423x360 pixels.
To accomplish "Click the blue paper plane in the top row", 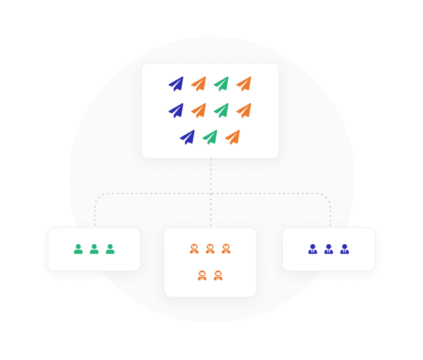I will (176, 84).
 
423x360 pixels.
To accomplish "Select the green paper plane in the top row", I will (221, 84).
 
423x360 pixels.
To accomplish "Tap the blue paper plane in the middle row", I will (176, 110).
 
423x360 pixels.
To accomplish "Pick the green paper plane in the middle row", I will (221, 110).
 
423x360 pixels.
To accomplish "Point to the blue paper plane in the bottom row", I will (188, 137).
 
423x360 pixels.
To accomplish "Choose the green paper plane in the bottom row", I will (210, 137).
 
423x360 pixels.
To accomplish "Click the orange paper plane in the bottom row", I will (233, 137).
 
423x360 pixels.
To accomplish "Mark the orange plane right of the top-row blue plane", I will (199, 84).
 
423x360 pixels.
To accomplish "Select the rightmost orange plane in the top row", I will (244, 84).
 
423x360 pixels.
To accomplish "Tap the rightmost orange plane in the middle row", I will (244, 110).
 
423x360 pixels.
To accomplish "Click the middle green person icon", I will (94, 249).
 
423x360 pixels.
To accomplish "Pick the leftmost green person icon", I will (78, 249).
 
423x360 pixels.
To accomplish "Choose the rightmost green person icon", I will (110, 249).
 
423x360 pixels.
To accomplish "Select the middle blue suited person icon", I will (328, 249).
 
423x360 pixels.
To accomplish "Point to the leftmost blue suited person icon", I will (313, 249).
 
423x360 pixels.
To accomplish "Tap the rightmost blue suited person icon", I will (345, 249).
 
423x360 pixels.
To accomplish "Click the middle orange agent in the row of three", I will (210, 249).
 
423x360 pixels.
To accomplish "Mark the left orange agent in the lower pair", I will (202, 276).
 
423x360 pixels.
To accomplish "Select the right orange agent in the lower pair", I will (218, 276).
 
